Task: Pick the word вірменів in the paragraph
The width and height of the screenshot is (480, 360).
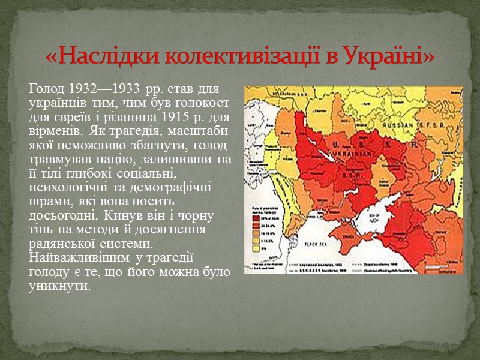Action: point(49,129)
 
